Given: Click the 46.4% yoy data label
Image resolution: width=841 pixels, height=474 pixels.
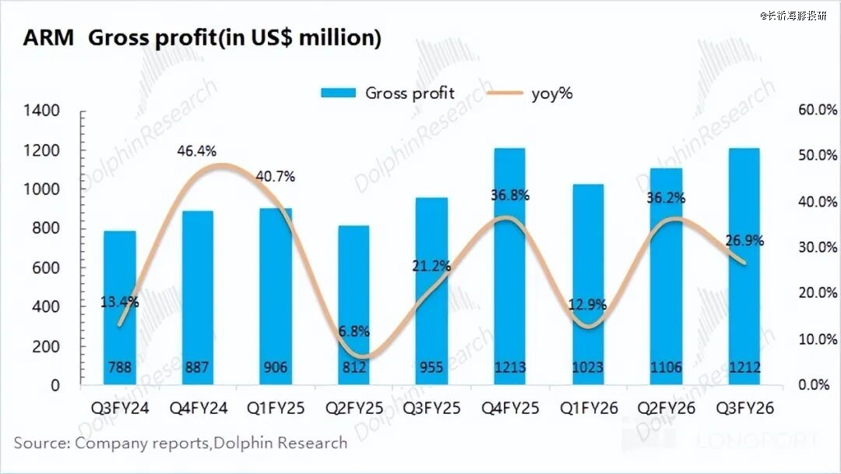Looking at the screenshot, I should click(196, 150).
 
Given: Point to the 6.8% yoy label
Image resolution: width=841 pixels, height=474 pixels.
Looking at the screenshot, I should click(354, 331).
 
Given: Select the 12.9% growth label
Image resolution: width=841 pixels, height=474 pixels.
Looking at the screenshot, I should click(587, 305).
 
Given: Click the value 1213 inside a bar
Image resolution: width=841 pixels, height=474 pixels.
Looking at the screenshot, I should click(509, 367).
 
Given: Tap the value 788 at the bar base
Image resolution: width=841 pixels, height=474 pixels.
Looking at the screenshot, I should click(119, 367).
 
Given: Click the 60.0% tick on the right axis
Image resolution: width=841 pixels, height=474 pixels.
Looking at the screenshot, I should click(818, 111).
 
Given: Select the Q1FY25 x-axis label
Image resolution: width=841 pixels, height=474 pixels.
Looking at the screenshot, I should click(275, 409).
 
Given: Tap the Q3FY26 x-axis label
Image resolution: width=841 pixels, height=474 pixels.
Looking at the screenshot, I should click(743, 409).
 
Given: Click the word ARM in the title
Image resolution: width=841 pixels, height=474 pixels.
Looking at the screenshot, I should click(48, 38).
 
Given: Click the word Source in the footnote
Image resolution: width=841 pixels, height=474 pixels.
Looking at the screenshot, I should click(40, 444).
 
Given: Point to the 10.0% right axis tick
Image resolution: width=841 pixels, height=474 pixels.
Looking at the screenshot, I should click(818, 340).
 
